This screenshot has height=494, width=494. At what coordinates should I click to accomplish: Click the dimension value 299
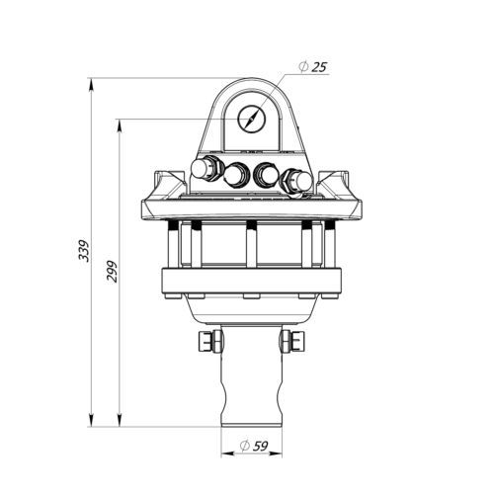click(x=113, y=272)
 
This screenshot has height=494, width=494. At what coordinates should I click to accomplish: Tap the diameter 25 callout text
click(x=313, y=67)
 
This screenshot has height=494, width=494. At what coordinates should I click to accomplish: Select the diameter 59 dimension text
click(x=254, y=447)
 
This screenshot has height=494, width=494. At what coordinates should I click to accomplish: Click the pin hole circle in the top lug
click(x=251, y=119)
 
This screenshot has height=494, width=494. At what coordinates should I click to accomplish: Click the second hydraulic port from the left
click(x=235, y=175)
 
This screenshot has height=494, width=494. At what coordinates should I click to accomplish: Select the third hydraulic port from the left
click(x=266, y=174)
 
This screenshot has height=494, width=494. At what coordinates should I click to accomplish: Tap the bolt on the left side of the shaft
click(x=210, y=342)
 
